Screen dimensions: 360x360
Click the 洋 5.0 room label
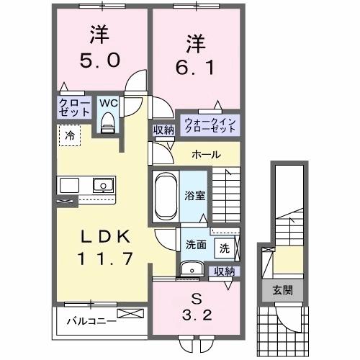[x=100, y=48]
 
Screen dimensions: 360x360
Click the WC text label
[x=108, y=103]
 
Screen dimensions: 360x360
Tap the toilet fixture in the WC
[x=109, y=123]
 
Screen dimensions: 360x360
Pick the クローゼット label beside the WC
[x=74, y=108]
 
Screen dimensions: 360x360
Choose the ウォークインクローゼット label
[x=208, y=125]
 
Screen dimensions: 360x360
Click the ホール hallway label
[x=206, y=155]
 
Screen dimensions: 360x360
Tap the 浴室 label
[x=194, y=194]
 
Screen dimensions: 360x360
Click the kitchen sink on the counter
[x=104, y=185]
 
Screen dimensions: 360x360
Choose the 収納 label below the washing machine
[x=225, y=271]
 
